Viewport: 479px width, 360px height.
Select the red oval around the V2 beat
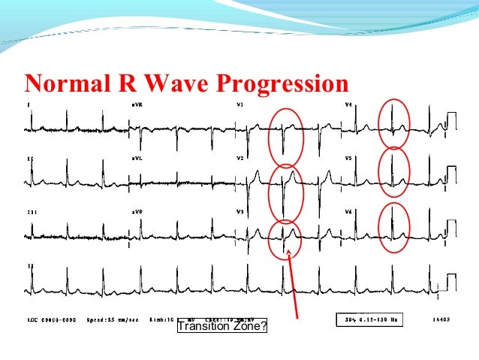286,192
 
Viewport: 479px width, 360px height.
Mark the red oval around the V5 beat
393,171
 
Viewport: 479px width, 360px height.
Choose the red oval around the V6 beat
393,226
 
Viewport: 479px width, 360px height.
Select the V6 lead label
348,213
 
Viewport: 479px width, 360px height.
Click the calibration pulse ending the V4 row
451,120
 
